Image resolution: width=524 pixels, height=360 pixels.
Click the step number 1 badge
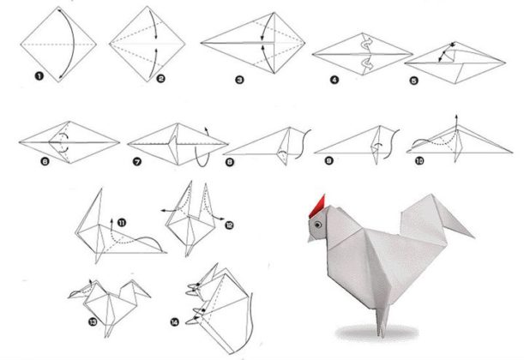point(39,76)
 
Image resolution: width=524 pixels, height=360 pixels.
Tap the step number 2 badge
point(160,79)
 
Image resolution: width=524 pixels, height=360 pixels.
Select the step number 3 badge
point(239,80)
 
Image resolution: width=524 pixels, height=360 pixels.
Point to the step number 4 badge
point(334,80)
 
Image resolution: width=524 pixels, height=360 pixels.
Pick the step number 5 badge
point(413,81)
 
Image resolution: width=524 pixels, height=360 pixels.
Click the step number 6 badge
point(45,162)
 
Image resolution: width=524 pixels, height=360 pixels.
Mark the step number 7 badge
point(137,162)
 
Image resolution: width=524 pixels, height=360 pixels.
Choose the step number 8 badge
point(230,162)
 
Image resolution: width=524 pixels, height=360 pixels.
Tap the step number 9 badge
point(328,161)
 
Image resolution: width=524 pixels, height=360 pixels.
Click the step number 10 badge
point(419,161)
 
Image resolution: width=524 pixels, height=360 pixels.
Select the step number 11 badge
point(122,222)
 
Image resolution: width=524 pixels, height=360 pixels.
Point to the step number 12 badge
point(229,225)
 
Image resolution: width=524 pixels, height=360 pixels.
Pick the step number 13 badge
point(93,322)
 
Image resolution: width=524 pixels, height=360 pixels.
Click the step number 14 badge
point(174,322)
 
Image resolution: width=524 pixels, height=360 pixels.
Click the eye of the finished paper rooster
point(318,225)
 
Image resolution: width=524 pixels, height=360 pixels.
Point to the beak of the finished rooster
point(311,237)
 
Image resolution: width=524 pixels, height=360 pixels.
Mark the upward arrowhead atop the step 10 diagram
point(456,117)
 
